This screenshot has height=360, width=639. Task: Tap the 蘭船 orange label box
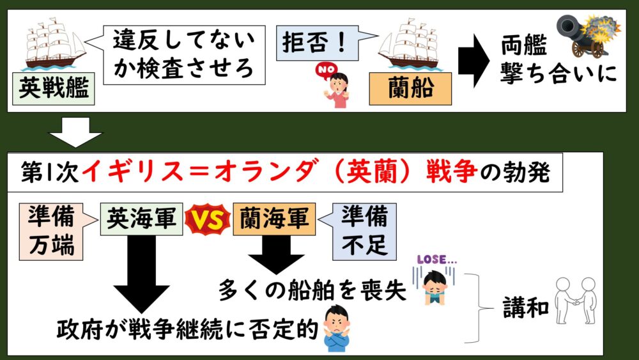(410, 88)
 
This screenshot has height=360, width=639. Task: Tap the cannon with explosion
(587, 34)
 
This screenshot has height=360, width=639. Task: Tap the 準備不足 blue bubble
(364, 231)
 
